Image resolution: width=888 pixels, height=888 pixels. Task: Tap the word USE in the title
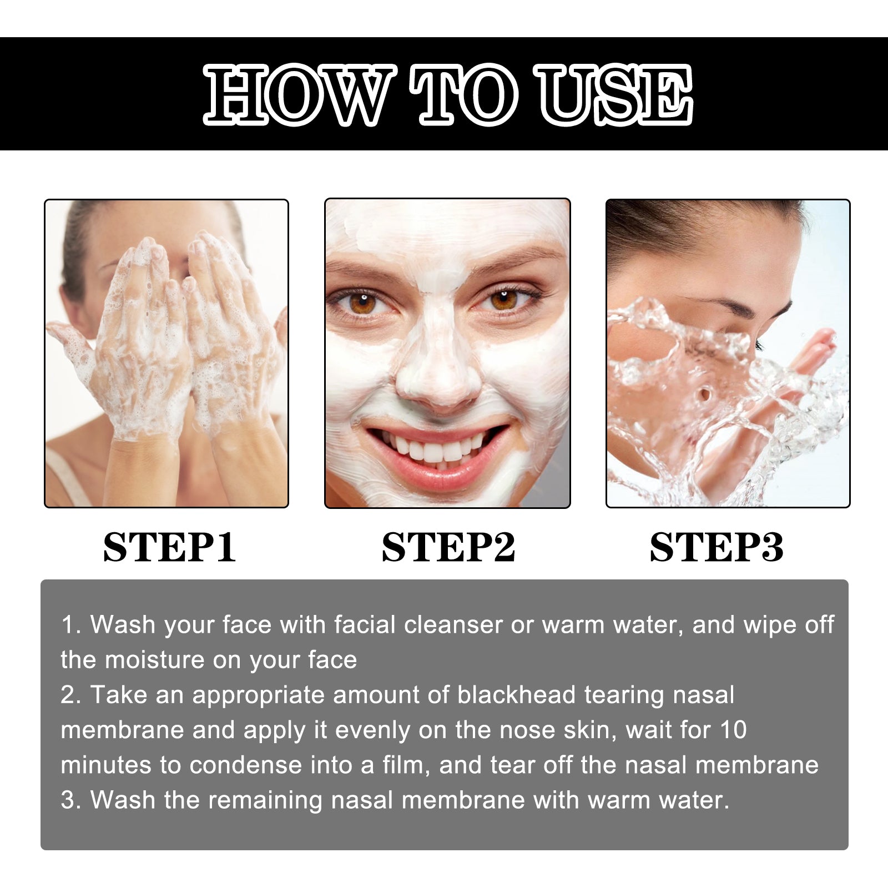[617, 94]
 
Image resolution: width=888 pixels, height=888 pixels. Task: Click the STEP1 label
[169, 548]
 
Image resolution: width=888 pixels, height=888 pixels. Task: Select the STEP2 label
[448, 548]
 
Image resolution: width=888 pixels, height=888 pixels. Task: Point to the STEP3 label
[716, 548]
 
